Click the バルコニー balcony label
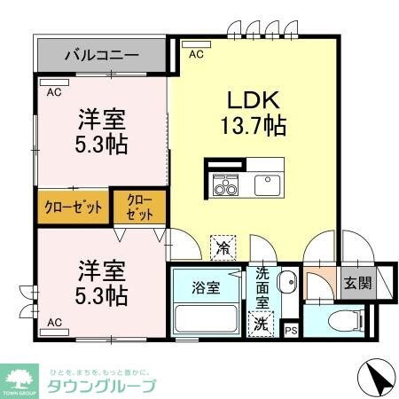pos(101,55)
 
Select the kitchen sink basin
pos(267,186)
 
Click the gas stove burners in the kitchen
pos(224,186)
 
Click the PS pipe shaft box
pos(291,331)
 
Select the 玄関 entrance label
pos(357,285)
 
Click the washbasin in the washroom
pos(286,284)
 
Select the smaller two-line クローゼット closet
pos(139,207)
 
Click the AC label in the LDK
pos(195,53)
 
